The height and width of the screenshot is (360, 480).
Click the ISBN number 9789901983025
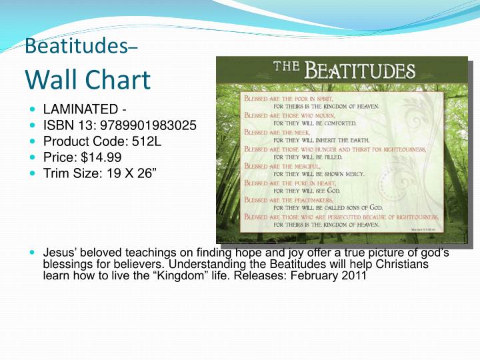147,125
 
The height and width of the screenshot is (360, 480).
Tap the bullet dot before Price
33,157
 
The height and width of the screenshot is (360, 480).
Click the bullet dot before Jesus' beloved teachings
33,253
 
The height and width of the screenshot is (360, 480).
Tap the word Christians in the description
404,264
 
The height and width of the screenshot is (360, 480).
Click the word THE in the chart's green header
288,69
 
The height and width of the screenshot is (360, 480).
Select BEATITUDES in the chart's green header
360,70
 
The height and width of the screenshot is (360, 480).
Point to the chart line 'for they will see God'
307,191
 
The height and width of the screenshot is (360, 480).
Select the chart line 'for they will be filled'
308,157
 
